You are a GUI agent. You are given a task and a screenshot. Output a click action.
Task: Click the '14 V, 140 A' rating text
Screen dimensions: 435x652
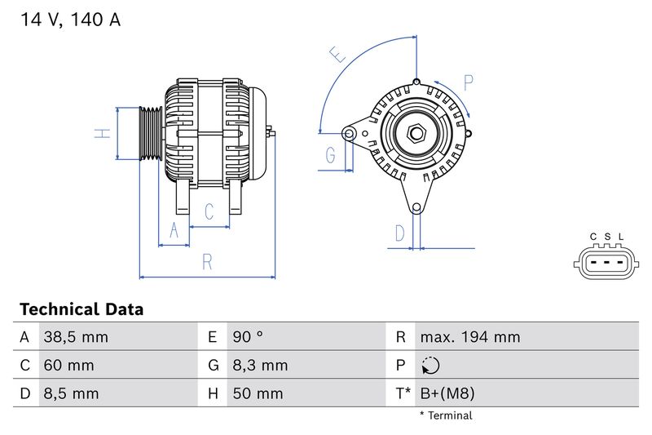pos(70,20)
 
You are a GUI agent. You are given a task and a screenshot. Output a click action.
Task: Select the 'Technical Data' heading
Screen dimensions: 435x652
pos(81,309)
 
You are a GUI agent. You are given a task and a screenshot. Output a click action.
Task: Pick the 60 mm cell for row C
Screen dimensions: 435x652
pos(68,365)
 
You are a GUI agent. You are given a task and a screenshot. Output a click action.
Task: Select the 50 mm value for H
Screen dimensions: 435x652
pos(257,393)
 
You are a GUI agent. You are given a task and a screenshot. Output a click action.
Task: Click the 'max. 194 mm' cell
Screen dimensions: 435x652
pos(469,337)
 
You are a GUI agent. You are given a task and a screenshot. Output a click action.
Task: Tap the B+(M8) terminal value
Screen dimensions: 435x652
pos(447,393)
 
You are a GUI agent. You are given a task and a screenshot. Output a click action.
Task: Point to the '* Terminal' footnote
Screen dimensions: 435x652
pos(446,415)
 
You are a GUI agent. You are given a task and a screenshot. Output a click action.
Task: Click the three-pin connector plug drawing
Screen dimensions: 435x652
pos(606,263)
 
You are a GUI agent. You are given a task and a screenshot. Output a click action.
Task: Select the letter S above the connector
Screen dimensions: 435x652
pos(607,237)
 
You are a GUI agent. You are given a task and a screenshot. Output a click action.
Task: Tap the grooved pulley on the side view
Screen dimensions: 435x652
pos(150,132)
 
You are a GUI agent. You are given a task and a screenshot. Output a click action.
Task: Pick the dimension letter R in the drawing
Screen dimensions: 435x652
pos(207,262)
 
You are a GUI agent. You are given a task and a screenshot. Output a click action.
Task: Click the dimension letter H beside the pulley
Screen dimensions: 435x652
pos(102,132)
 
